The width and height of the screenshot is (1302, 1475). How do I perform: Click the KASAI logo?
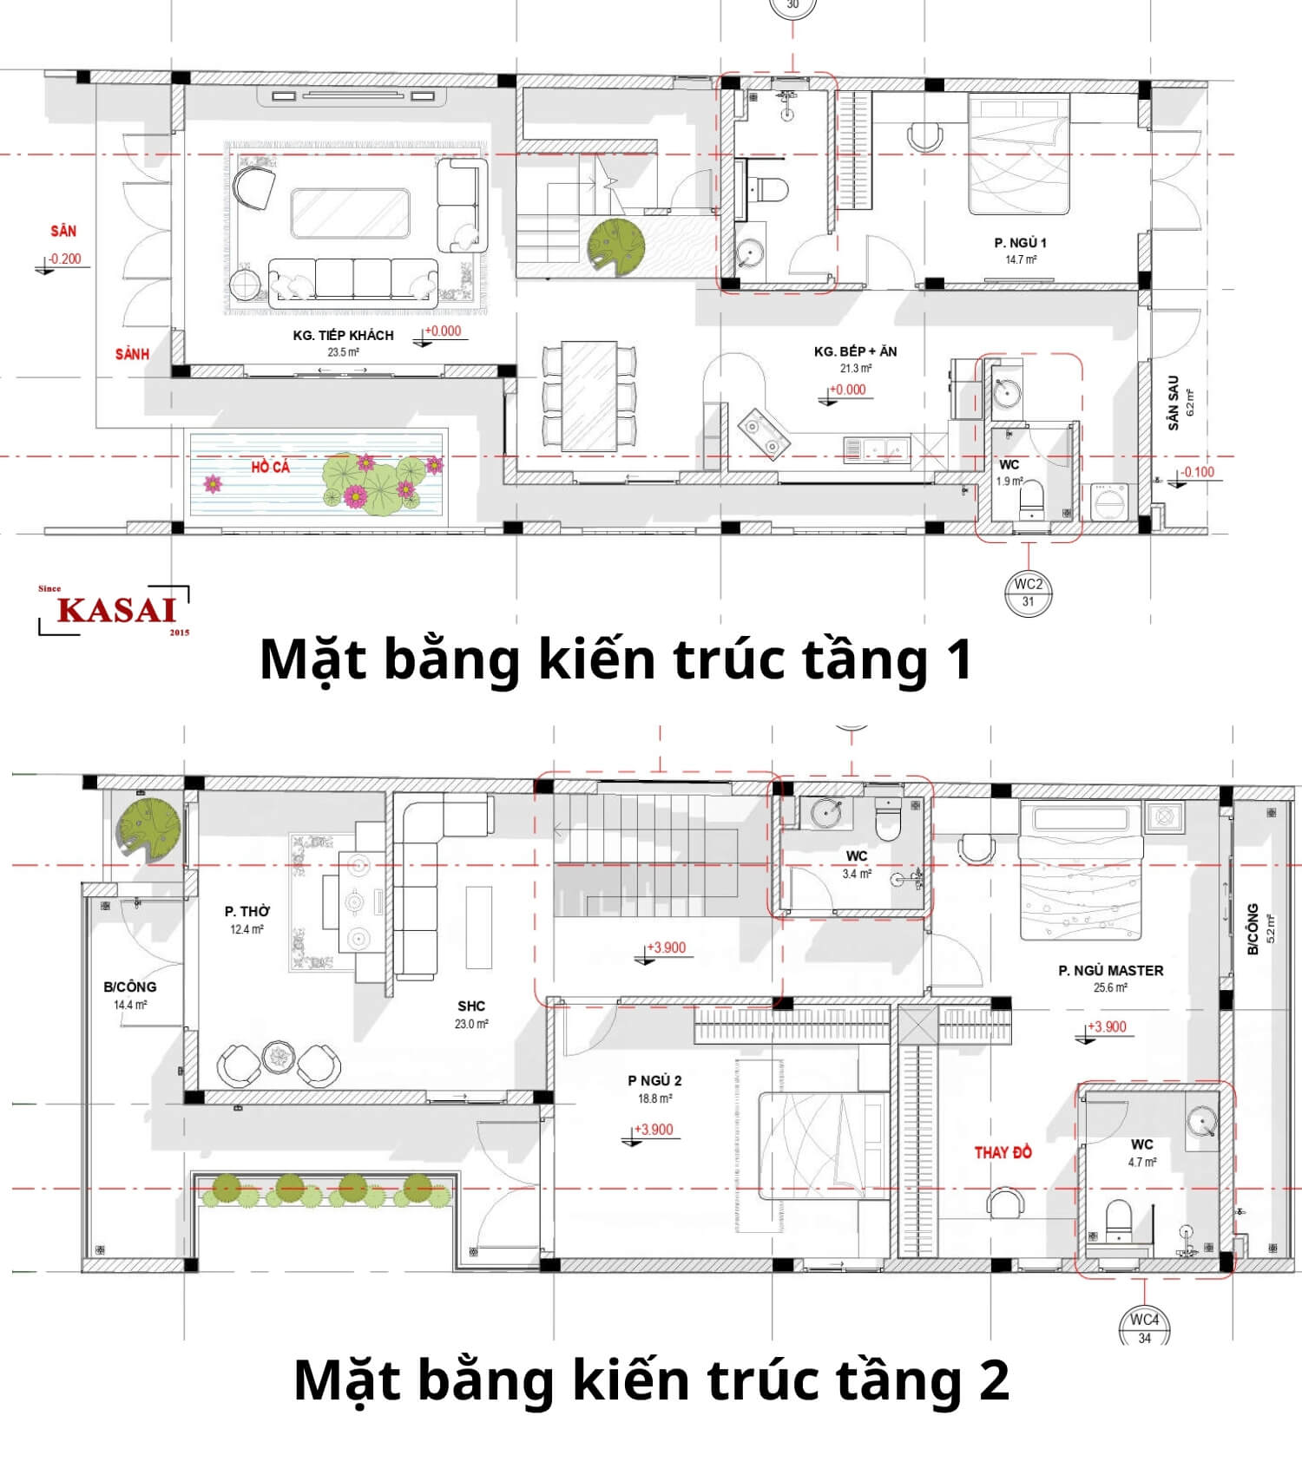coord(115,610)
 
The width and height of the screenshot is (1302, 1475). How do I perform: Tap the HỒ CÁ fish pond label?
coord(270,467)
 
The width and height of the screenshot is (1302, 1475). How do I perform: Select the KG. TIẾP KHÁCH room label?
coord(343,335)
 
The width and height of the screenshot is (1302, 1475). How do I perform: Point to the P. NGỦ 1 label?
coord(1020,243)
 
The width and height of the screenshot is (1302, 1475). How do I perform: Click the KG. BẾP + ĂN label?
coord(855,351)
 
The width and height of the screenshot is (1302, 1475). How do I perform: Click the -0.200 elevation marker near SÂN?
coord(64,259)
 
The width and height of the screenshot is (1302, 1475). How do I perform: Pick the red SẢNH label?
coord(132,354)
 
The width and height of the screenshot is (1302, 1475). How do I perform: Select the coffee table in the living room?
coord(350,213)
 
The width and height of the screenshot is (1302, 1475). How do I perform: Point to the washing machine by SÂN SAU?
coord(1109,502)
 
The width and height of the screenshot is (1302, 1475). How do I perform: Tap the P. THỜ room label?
coord(247,911)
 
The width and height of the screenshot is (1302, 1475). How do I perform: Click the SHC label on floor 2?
coord(471,1006)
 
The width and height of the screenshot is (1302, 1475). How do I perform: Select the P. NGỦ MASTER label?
coord(1110,970)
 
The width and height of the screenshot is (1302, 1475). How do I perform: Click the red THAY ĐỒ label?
coord(1003,1152)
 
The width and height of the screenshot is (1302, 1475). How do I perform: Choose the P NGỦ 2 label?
coord(654,1080)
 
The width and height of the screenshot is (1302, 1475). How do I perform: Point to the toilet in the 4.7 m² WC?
coord(1118,1219)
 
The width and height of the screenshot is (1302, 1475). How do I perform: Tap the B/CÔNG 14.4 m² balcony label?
coord(129,987)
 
